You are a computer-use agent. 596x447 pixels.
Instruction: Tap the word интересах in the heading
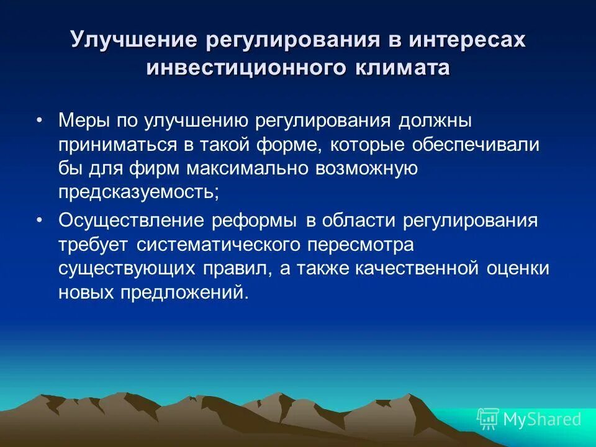[467, 41]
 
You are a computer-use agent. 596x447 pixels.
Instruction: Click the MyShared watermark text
[542, 420]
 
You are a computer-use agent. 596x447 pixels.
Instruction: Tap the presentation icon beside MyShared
[487, 420]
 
